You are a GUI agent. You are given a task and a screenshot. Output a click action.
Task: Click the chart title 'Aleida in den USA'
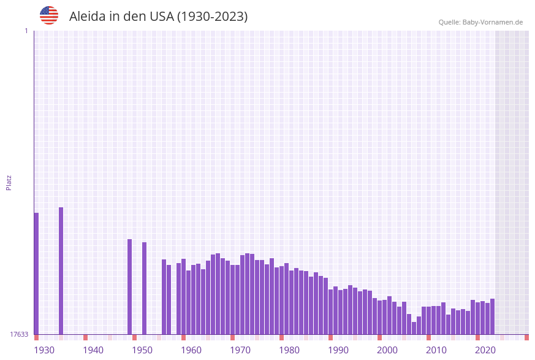point(158,17)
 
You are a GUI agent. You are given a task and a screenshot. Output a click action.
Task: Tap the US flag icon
point(49,15)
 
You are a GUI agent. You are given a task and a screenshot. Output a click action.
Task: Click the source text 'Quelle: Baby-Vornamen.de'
point(480,22)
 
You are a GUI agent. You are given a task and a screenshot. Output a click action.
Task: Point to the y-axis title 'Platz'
point(9,182)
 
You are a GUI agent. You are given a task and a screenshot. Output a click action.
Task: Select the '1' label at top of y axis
point(26,31)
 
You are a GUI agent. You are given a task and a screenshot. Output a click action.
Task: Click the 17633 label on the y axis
point(19,334)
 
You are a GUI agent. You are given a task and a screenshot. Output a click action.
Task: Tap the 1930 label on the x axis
point(44,350)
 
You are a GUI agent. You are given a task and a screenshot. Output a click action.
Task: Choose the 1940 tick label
point(93,350)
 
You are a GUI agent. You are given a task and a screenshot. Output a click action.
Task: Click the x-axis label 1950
point(142,350)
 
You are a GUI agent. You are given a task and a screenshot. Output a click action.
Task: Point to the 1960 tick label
point(191,350)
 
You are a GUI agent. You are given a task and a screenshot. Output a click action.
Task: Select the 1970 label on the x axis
point(240,350)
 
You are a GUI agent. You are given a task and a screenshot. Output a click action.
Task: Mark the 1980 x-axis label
point(289,350)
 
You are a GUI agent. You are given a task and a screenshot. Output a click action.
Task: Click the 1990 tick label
point(338,350)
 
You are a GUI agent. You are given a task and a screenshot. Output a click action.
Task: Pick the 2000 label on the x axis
point(387,350)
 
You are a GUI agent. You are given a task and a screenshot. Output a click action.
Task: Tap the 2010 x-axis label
point(436,350)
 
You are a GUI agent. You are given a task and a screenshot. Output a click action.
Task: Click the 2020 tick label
point(485,350)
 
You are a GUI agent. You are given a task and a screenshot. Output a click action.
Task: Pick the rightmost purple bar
point(492,316)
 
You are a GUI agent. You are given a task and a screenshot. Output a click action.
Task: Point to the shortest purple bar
point(414,328)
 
